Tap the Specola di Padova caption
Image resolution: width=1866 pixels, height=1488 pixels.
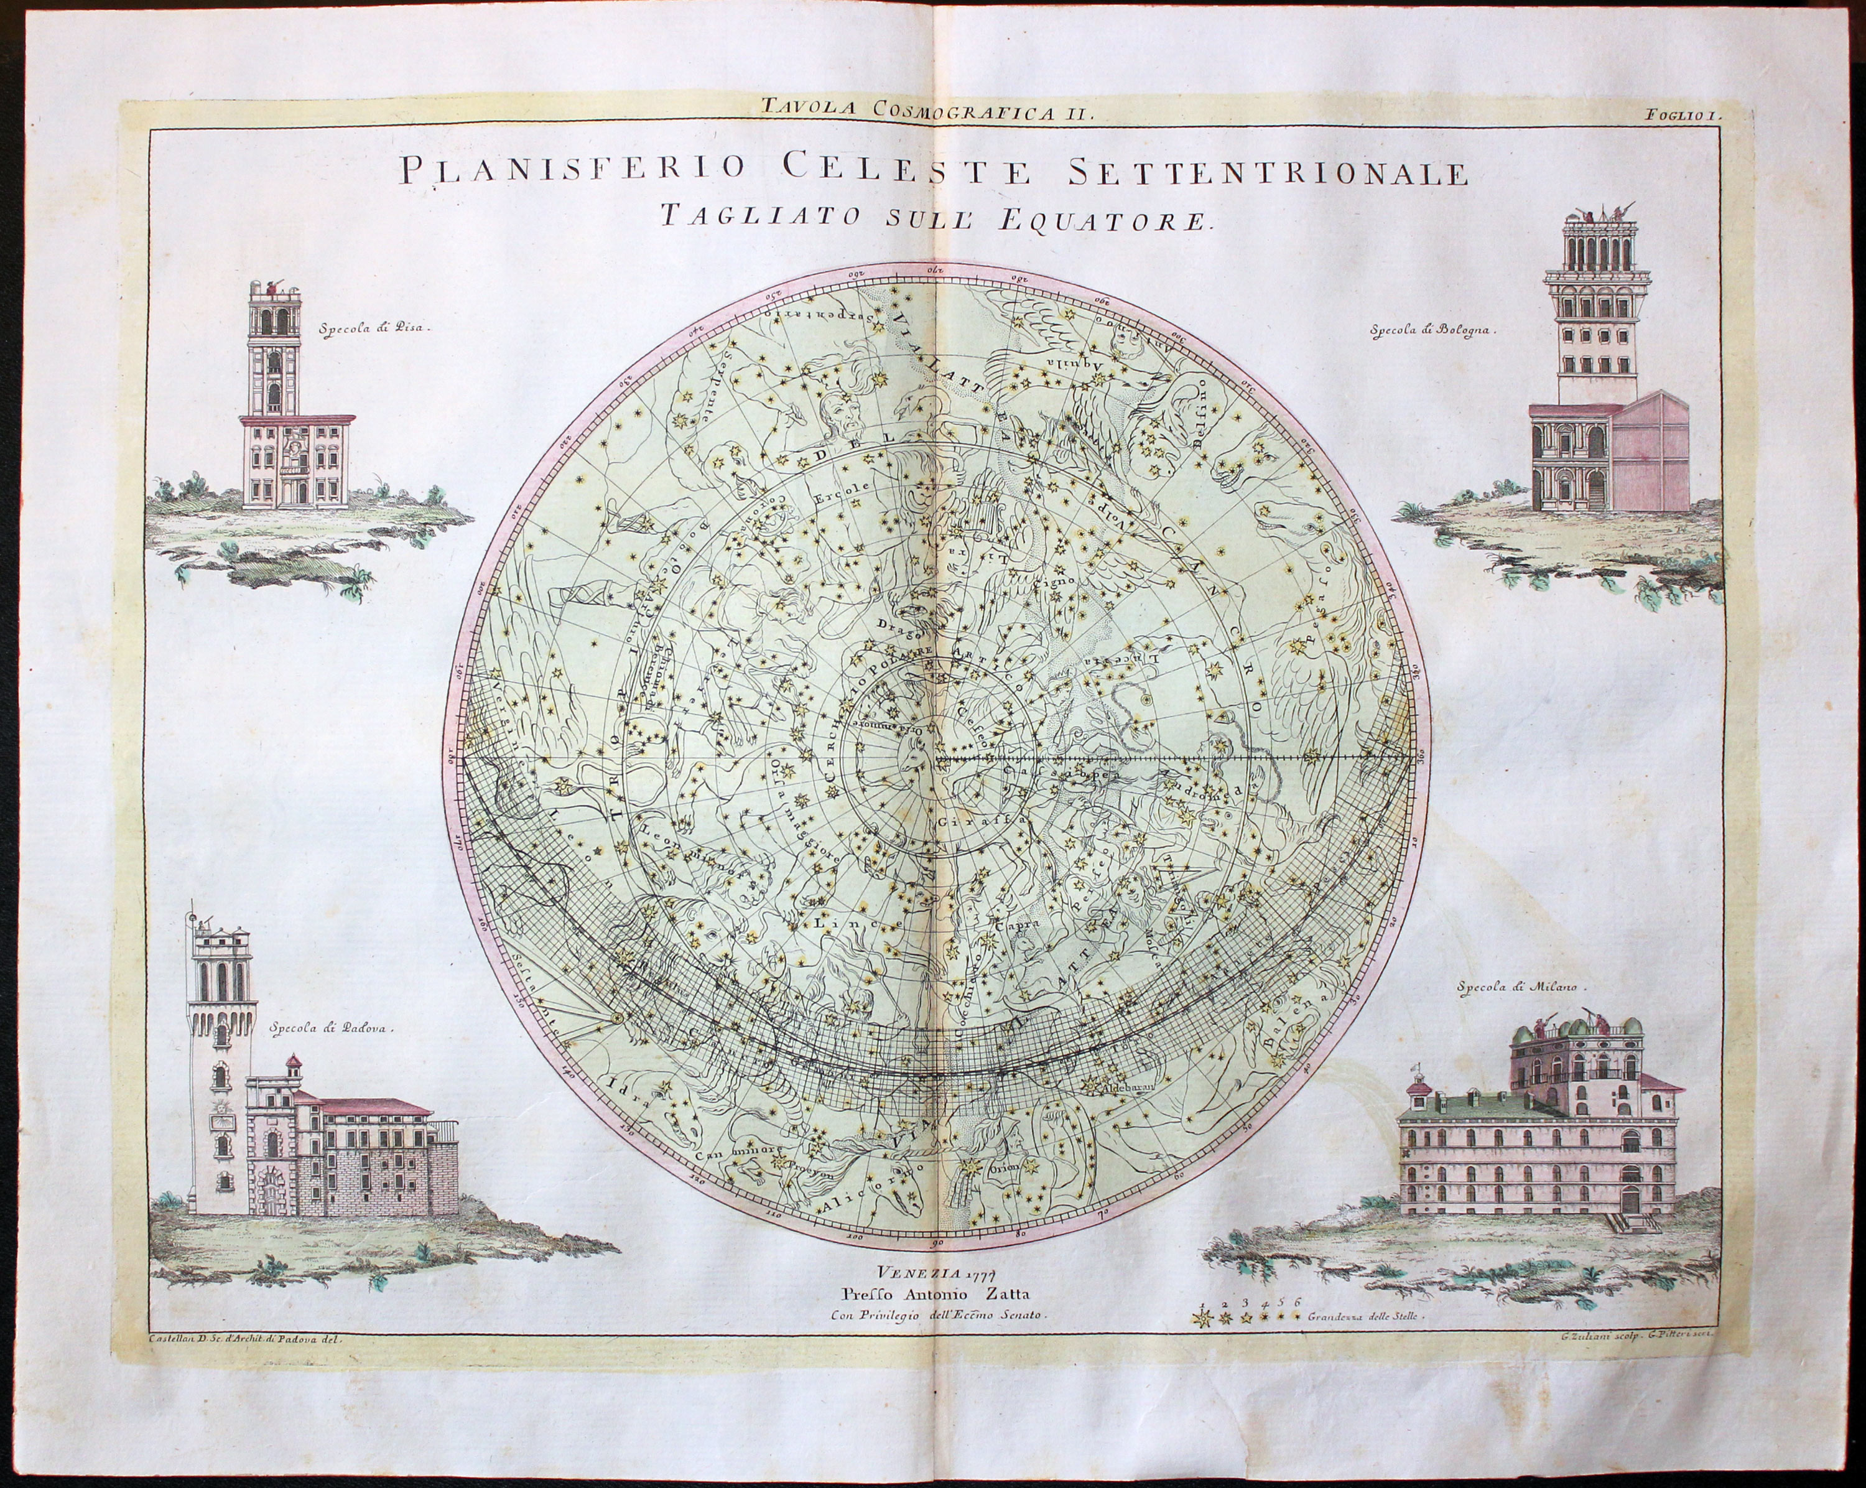point(332,1030)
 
